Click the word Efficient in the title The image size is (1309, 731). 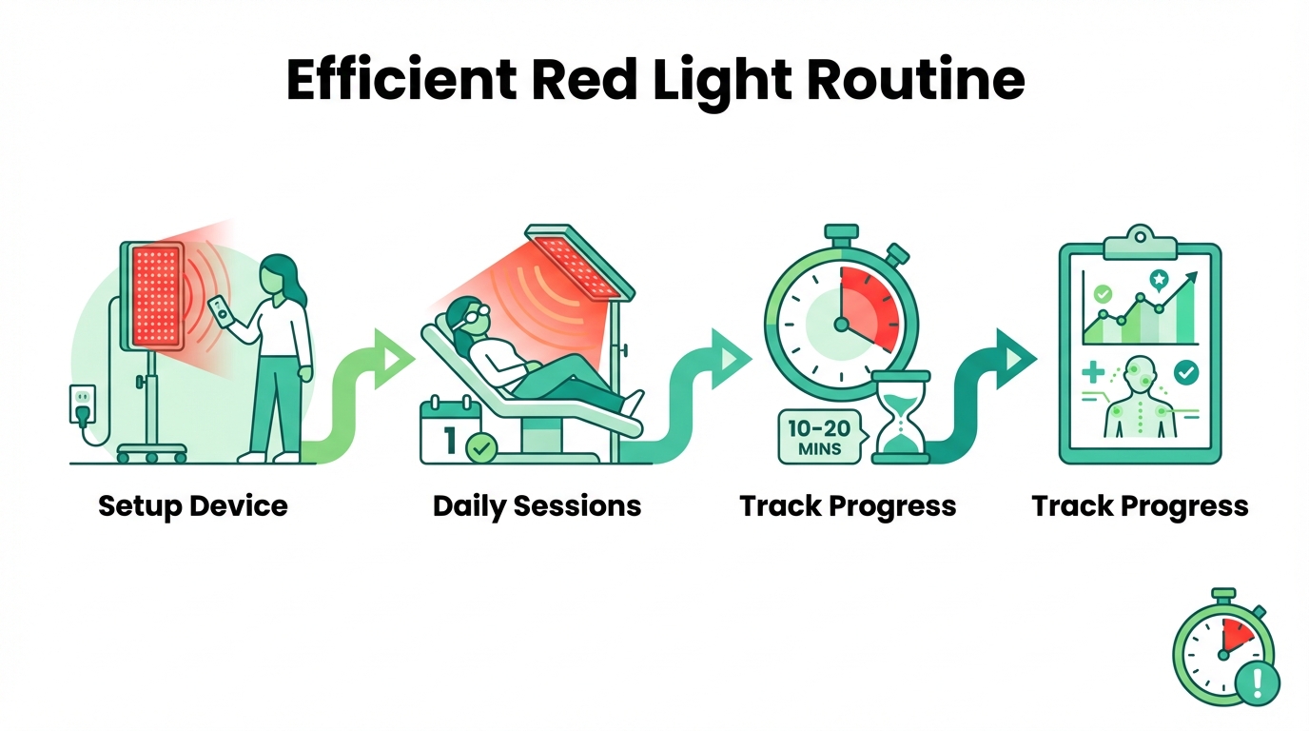[x=402, y=80]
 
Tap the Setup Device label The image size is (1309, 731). [x=193, y=505]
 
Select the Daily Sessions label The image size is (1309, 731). [x=537, y=506]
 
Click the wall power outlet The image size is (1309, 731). [x=83, y=403]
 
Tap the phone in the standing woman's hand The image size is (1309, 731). [x=219, y=310]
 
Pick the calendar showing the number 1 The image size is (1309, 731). [x=450, y=430]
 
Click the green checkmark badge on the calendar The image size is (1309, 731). [x=481, y=448]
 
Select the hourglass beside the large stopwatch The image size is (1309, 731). [x=901, y=417]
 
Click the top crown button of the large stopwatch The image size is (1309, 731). [x=841, y=233]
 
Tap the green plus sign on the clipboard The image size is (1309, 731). [x=1093, y=372]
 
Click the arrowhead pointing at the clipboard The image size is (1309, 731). [x=1016, y=359]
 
